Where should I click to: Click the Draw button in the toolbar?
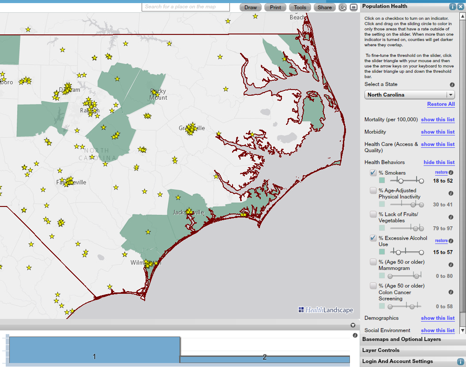pyautogui.click(x=251, y=7)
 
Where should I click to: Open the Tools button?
pyautogui.click(x=300, y=7)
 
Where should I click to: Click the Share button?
pyautogui.click(x=324, y=7)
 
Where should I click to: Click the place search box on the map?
pyautogui.click(x=186, y=7)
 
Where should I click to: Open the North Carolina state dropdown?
pyautogui.click(x=410, y=95)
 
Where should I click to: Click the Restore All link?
pyautogui.click(x=440, y=104)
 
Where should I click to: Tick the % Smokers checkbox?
pyautogui.click(x=373, y=172)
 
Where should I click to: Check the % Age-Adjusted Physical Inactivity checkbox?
pyautogui.click(x=373, y=191)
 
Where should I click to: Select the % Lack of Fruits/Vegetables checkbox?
pyautogui.click(x=373, y=214)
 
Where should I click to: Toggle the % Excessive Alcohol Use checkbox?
pyautogui.click(x=373, y=238)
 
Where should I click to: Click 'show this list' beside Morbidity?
pyautogui.click(x=437, y=132)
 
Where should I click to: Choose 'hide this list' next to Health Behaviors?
pyautogui.click(x=439, y=162)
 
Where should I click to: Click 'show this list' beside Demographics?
pyautogui.click(x=437, y=318)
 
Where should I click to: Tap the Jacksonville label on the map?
pyautogui.click(x=189, y=213)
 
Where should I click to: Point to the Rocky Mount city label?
pyautogui.click(x=158, y=94)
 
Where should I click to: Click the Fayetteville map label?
pyautogui.click(x=71, y=183)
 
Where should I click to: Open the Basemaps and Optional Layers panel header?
pyautogui.click(x=401, y=339)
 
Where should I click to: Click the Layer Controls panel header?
pyautogui.click(x=380, y=350)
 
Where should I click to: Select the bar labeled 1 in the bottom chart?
pyautogui.click(x=94, y=350)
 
